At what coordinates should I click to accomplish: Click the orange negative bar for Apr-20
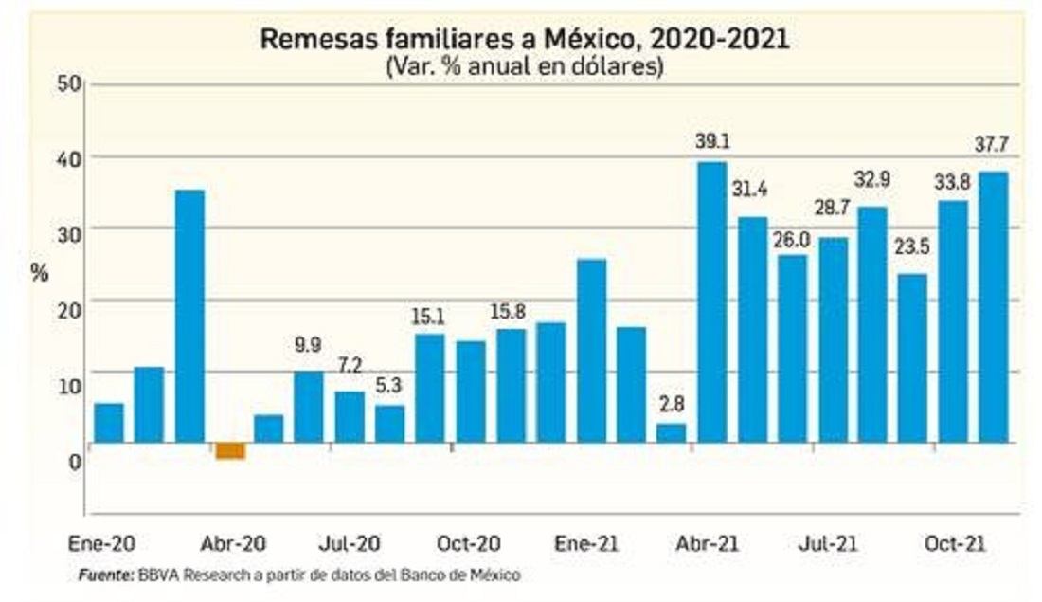[x=230, y=450]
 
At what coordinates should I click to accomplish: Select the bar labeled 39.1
[x=711, y=301]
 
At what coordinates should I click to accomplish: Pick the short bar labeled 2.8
[x=672, y=432]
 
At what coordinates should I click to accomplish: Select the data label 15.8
[x=510, y=310]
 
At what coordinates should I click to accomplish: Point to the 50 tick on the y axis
[x=67, y=84]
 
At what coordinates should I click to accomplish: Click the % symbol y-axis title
[x=39, y=273]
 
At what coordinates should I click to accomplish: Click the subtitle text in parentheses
[x=524, y=67]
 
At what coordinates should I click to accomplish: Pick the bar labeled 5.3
[x=389, y=424]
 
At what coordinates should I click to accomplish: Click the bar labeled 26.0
[x=793, y=348]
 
